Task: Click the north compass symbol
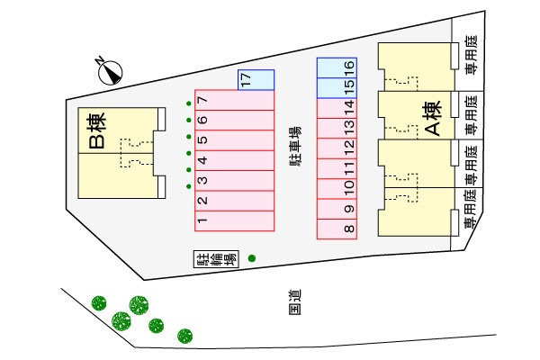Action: [x=110, y=72]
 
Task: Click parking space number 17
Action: [x=256, y=80]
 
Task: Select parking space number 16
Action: [x=337, y=67]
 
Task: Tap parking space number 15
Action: [x=337, y=88]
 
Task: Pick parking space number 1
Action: [x=234, y=220]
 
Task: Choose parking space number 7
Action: [x=234, y=100]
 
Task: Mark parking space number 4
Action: [x=234, y=160]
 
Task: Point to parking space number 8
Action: [x=337, y=229]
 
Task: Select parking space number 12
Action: [x=337, y=148]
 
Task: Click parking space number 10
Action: [x=337, y=189]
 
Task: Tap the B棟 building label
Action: [x=97, y=130]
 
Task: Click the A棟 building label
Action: [x=433, y=118]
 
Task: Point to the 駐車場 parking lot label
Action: [x=295, y=147]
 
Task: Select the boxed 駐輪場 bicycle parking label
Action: [x=216, y=258]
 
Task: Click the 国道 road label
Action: [x=295, y=302]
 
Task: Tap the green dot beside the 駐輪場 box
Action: [x=252, y=258]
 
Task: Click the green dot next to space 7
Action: [x=189, y=103]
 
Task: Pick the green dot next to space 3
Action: [x=189, y=186]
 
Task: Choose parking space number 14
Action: [x=337, y=108]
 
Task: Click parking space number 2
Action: [x=234, y=201]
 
